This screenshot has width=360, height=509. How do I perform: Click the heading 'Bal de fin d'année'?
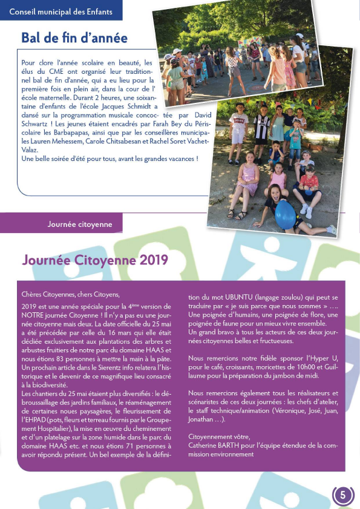tap(74, 38)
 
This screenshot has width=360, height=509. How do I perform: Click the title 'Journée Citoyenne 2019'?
tap(95, 260)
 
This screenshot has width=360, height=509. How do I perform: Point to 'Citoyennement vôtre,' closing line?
tap(218, 437)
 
